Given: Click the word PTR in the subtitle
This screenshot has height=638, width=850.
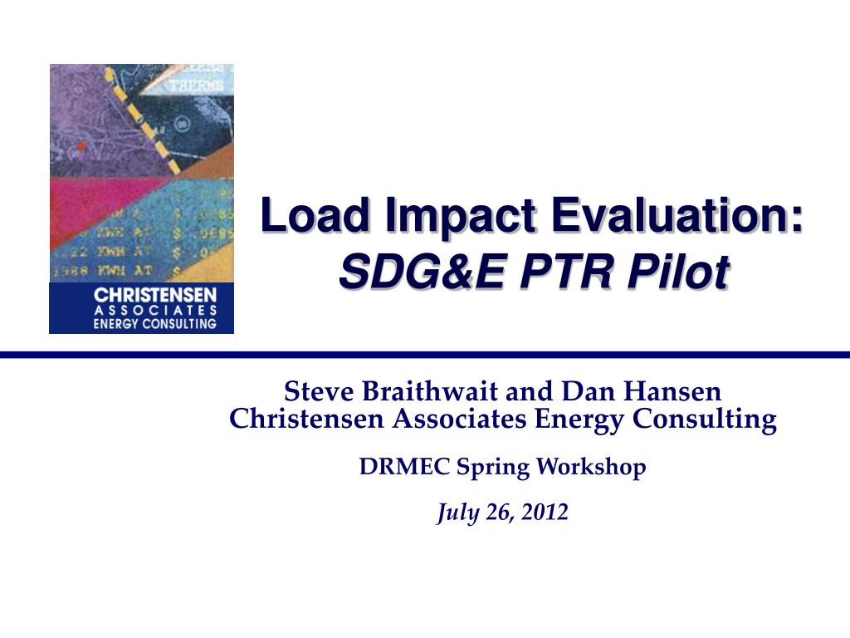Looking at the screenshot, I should point(554,272).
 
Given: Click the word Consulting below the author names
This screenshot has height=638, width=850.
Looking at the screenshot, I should point(705,420).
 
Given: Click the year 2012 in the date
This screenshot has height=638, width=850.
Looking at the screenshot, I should point(545,513).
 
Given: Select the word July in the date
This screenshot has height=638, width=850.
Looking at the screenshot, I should point(454,513).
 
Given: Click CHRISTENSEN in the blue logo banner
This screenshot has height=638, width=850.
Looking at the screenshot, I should point(154,295).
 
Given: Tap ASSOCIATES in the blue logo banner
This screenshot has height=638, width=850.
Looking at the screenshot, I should point(154,310).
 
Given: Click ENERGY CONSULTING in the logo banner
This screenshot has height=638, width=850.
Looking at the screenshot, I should point(154,324).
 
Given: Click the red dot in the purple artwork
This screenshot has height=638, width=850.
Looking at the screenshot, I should point(81,147).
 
